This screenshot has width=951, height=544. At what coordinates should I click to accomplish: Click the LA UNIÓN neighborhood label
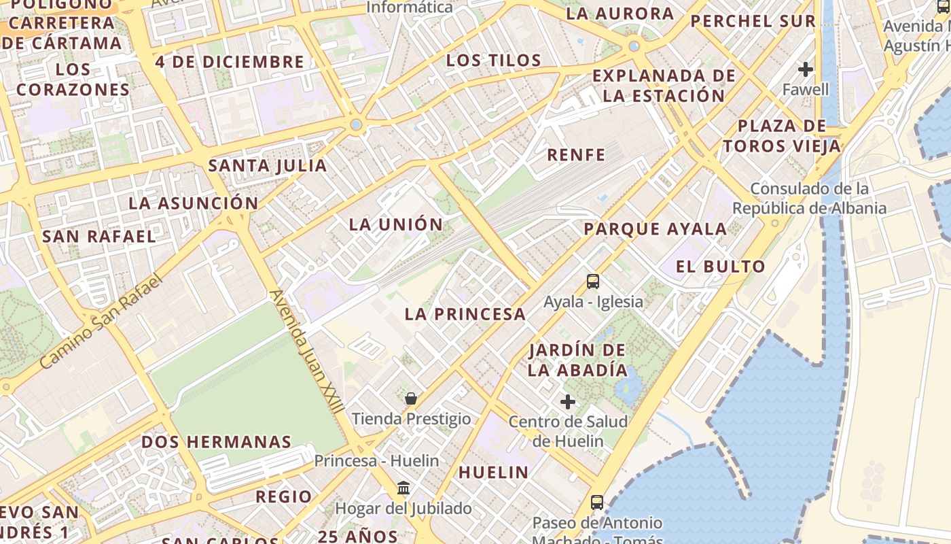(395, 224)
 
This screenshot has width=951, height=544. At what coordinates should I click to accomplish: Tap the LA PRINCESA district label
(465, 314)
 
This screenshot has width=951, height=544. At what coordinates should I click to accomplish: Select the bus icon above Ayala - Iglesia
(593, 281)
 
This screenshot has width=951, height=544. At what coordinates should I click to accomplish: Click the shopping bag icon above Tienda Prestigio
(411, 398)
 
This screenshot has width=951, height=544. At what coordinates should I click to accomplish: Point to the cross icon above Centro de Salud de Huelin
(568, 402)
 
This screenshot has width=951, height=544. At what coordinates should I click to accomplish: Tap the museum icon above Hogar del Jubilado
(403, 488)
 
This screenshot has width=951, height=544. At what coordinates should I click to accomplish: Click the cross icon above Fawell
(806, 69)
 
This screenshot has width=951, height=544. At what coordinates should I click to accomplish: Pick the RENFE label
(576, 155)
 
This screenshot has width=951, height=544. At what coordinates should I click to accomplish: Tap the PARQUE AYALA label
(656, 229)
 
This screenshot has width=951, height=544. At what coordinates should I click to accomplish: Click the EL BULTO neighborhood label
(721, 267)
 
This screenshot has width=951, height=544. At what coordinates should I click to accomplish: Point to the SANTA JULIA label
(268, 165)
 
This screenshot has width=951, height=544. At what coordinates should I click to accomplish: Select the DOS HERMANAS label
(216, 442)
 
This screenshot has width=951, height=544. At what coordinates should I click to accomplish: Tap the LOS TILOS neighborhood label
(494, 61)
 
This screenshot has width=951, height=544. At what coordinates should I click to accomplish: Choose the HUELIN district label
(494, 472)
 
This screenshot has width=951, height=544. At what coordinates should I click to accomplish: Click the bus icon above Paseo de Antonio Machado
(597, 503)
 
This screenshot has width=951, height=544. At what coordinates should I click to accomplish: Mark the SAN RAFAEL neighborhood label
(99, 237)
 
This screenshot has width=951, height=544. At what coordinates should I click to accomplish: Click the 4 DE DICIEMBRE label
(230, 62)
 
